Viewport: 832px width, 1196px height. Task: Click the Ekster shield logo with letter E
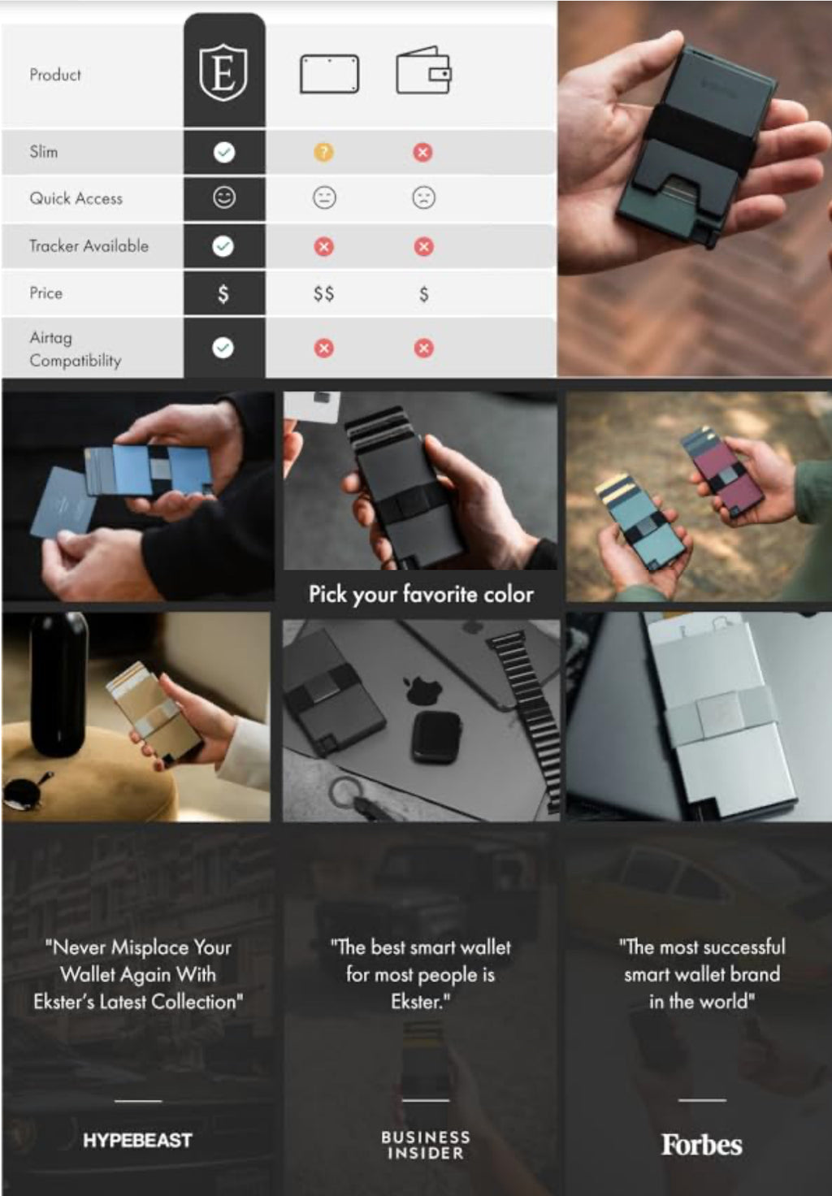click(223, 72)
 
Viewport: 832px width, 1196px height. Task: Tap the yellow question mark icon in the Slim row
click(323, 152)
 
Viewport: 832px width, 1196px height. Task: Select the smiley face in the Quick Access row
click(223, 197)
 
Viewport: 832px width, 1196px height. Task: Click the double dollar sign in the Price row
click(323, 293)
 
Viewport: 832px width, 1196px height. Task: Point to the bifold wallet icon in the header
click(423, 71)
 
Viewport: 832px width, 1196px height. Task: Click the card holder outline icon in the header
click(329, 74)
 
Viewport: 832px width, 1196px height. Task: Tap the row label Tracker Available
click(89, 245)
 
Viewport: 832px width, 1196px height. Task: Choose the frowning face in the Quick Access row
click(423, 198)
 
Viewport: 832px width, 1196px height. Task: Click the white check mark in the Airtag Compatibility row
click(223, 348)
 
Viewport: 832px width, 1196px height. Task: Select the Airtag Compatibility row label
click(76, 349)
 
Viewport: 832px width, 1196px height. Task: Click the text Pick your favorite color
click(421, 594)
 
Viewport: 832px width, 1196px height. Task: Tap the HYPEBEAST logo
click(137, 1140)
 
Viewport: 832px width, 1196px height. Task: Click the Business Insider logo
click(426, 1145)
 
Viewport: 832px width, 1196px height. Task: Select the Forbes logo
click(701, 1144)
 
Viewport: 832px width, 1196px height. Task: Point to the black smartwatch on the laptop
click(436, 737)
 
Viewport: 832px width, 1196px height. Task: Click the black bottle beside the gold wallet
click(58, 684)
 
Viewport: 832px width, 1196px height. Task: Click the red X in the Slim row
click(422, 152)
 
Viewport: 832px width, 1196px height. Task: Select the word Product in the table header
click(55, 74)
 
